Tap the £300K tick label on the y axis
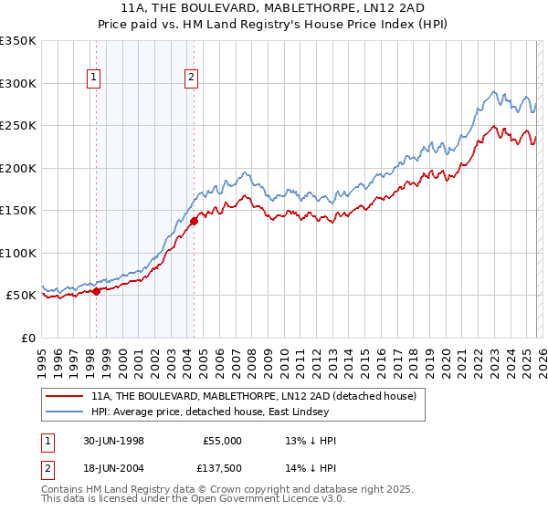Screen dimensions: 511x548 pos(18,83)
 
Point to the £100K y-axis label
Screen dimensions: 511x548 pos(18,253)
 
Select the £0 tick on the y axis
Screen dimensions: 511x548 pos(29,338)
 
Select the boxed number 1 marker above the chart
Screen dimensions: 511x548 pos(95,78)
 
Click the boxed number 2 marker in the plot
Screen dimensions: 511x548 pos(192,78)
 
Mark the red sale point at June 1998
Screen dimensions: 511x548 pos(97,292)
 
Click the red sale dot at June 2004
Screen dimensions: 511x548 pos(194,221)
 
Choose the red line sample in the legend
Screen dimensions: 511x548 pos(65,396)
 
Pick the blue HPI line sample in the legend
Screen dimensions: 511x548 pos(65,412)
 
